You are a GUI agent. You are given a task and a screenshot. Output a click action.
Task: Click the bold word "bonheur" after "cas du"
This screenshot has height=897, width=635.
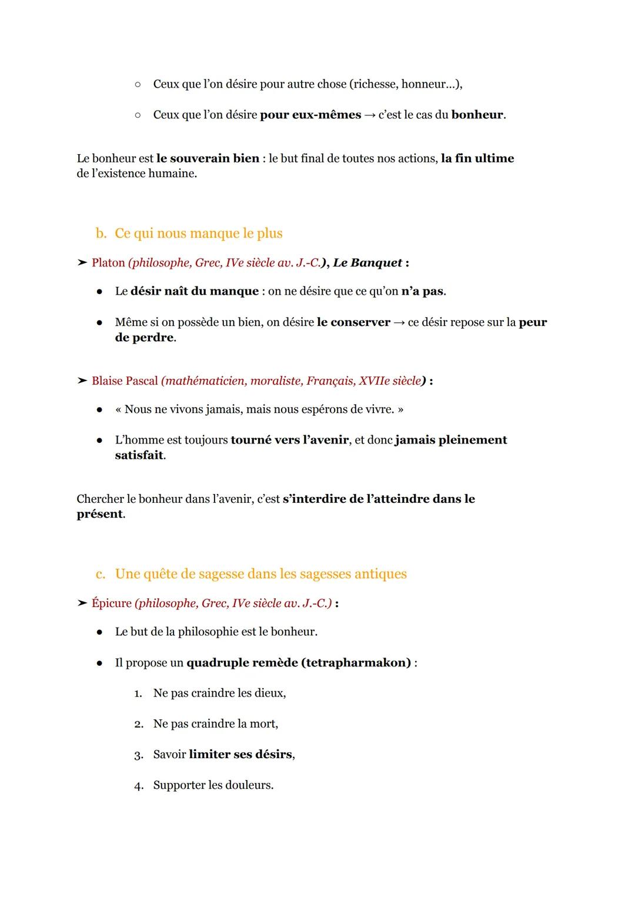pyautogui.click(x=477, y=115)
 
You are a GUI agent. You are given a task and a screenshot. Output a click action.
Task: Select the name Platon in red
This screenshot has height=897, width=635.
pyautogui.click(x=108, y=263)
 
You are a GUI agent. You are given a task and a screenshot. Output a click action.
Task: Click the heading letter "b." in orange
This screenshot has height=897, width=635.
pyautogui.click(x=101, y=234)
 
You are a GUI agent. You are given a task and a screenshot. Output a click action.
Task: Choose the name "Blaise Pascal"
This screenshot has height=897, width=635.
pyautogui.click(x=125, y=381)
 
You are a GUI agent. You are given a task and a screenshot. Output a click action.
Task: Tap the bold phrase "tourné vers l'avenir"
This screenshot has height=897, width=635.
pyautogui.click(x=289, y=440)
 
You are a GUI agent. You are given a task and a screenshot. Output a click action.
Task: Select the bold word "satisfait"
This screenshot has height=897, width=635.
pyautogui.click(x=139, y=455)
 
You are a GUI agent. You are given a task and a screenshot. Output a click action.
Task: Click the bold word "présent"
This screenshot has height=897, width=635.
pyautogui.click(x=100, y=514)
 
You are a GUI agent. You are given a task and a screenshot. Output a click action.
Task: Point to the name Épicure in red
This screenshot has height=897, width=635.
pyautogui.click(x=112, y=603)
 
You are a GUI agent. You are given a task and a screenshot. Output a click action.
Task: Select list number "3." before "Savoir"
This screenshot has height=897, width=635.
pyautogui.click(x=139, y=755)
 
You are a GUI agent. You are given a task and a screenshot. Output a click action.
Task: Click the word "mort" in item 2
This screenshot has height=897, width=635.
pyautogui.click(x=263, y=724)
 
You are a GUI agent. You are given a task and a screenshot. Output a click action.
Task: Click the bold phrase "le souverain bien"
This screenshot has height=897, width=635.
pyautogui.click(x=208, y=158)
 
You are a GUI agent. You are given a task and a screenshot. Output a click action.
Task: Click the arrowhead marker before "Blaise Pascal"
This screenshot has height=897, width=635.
pyautogui.click(x=82, y=381)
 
